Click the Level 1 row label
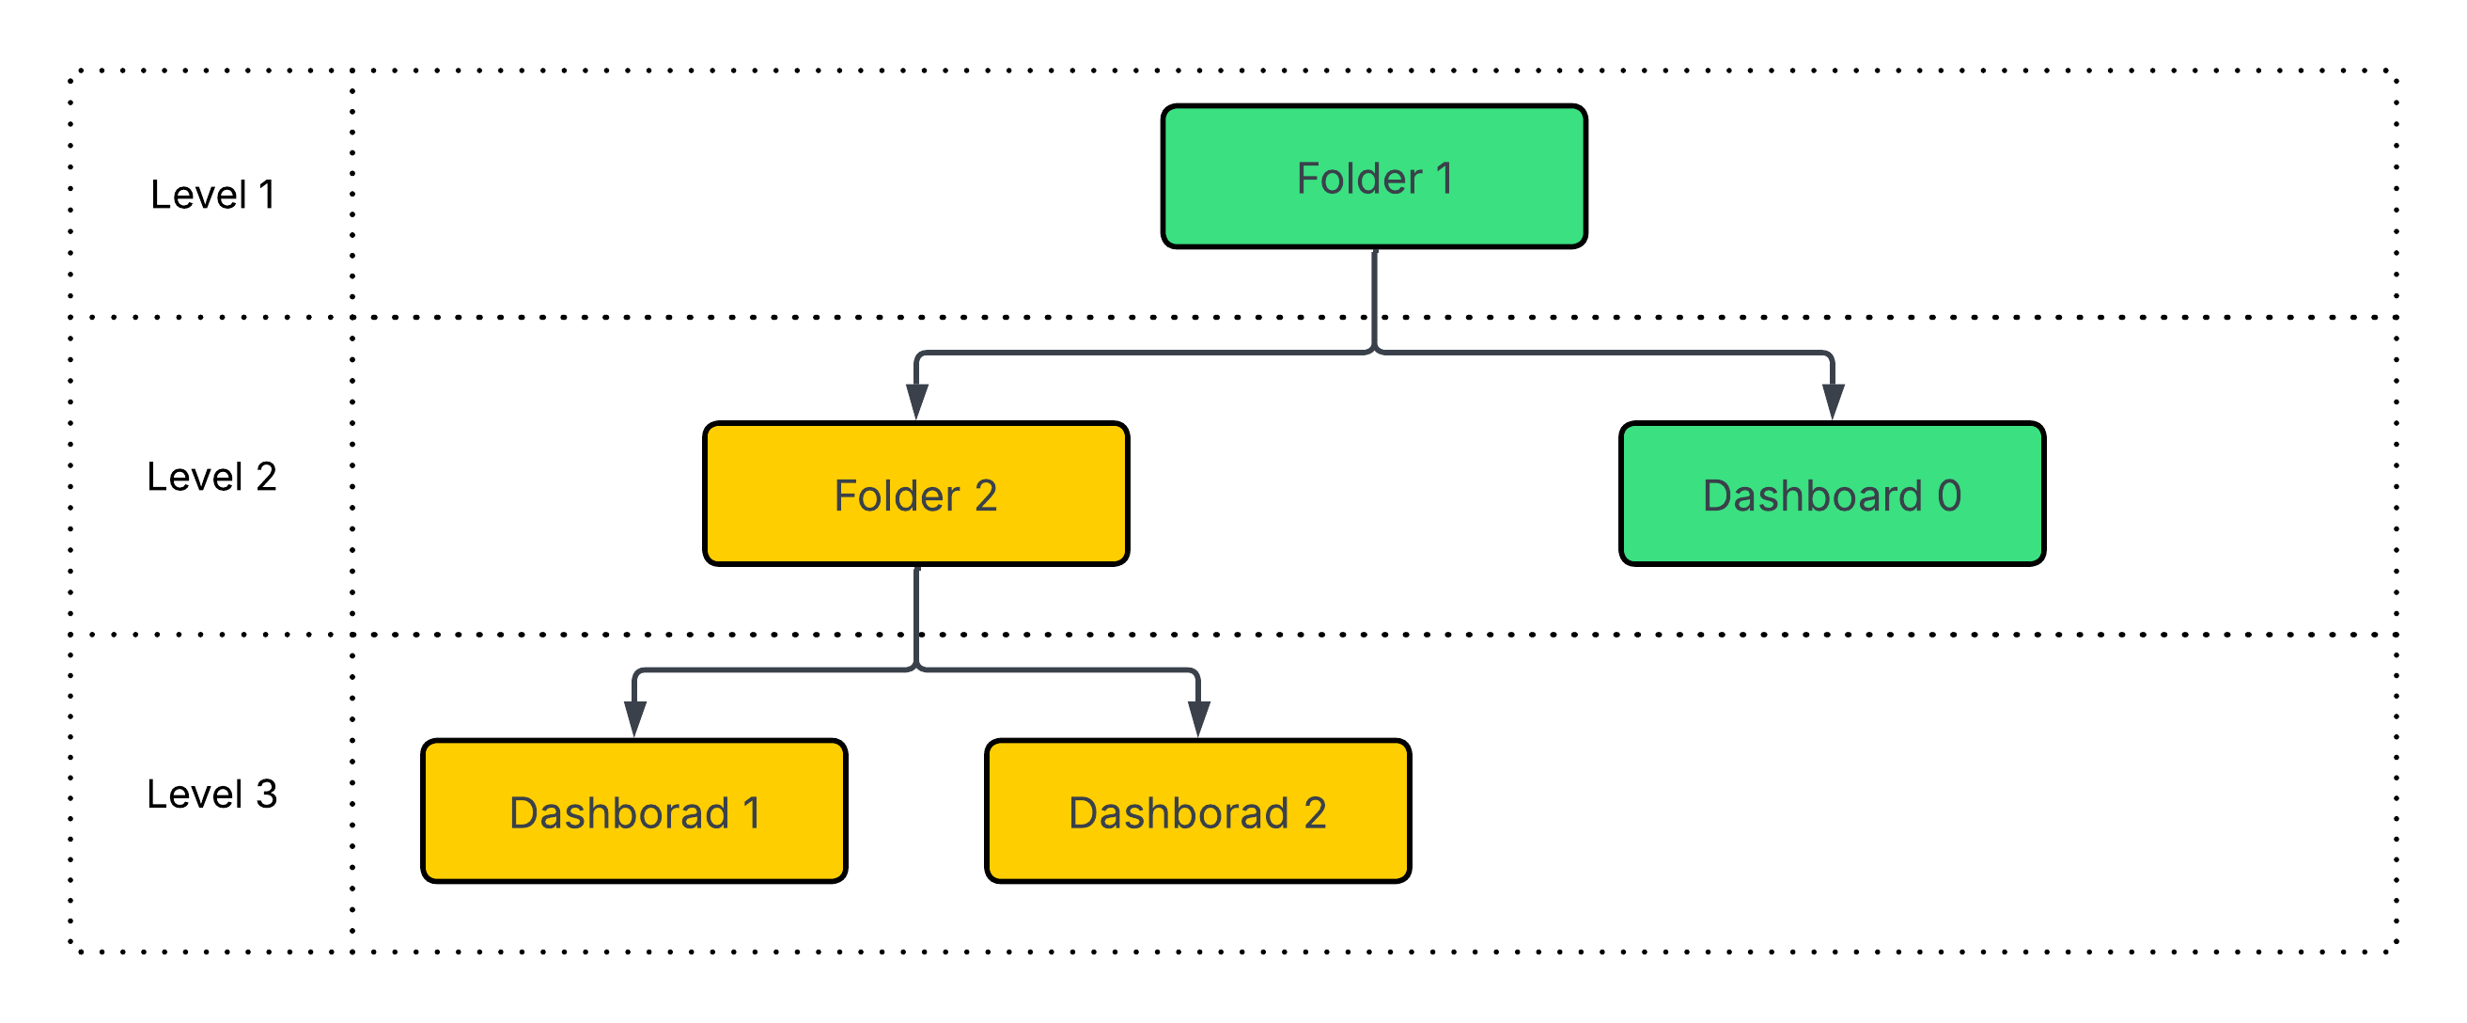coord(212,196)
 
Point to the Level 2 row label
coord(211,477)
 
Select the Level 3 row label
coord(211,795)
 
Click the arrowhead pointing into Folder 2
coord(916,401)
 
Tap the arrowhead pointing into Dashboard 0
coord(1832,401)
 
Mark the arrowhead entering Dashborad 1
coord(635,718)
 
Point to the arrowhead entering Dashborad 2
coord(1198,718)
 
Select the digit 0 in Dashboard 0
coord(1949,496)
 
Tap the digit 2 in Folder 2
coord(986,496)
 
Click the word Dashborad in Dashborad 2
coord(1178,813)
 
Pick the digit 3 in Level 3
coord(266,795)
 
